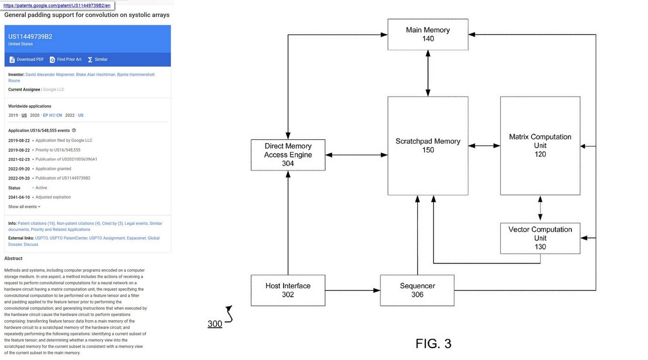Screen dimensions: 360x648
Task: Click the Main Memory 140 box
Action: (428, 34)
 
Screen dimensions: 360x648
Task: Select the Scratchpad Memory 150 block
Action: (428, 146)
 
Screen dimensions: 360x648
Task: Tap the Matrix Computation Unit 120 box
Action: (540, 146)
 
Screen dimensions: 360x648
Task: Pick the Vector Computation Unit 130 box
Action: (540, 238)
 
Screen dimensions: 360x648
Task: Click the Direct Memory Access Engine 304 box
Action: (288, 155)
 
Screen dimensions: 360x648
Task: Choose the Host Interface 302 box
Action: (288, 290)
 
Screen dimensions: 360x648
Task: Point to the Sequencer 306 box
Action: (417, 290)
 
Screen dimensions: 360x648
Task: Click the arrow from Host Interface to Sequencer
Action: (352, 290)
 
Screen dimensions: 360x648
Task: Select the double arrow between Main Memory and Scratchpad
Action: (428, 73)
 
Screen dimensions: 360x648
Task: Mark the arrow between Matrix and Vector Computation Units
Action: (540, 209)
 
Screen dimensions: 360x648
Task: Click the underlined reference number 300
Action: (215, 324)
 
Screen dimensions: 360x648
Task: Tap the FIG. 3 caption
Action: (433, 344)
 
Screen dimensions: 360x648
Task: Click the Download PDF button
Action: (26, 60)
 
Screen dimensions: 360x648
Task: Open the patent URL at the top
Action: (57, 6)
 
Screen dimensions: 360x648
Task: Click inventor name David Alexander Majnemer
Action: (50, 75)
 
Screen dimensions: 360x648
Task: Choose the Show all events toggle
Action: (24, 207)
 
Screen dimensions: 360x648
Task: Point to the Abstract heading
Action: (13, 258)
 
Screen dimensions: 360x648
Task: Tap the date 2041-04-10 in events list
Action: (19, 197)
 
